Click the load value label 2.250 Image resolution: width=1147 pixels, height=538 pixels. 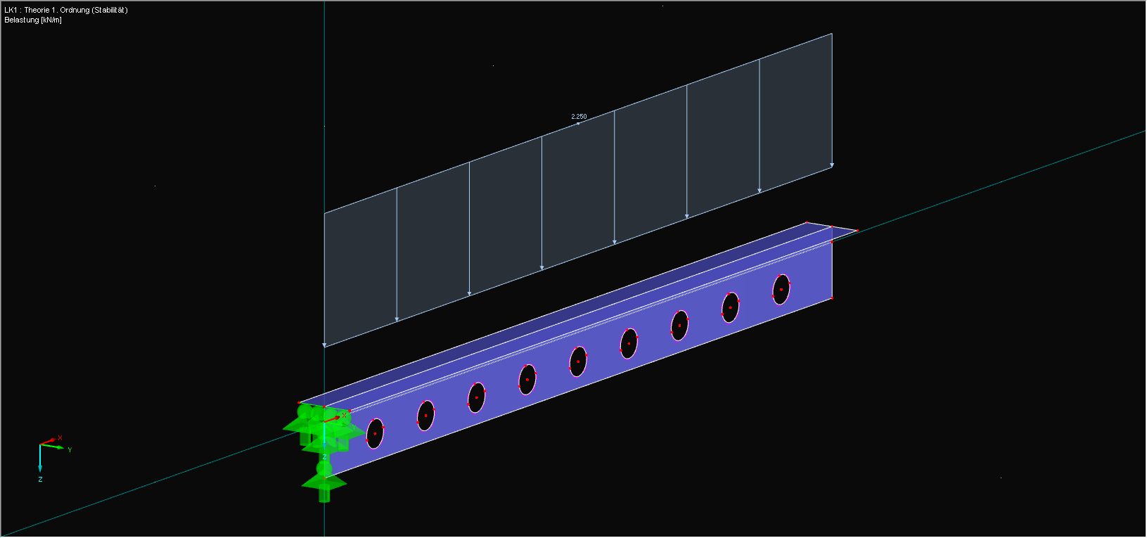tap(579, 117)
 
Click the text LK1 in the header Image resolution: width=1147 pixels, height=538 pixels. tap(11, 11)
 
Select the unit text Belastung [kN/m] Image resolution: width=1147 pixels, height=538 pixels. tap(33, 20)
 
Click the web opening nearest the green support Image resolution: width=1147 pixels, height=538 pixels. tap(375, 433)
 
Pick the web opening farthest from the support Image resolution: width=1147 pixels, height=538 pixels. tap(781, 289)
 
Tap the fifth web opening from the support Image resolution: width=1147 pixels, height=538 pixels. tap(578, 361)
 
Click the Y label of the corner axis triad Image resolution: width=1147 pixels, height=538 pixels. tap(70, 450)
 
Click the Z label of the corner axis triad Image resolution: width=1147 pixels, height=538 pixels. tap(40, 480)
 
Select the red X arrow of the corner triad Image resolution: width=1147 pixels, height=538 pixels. tap(49, 442)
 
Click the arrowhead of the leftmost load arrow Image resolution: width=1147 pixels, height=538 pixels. tap(324, 345)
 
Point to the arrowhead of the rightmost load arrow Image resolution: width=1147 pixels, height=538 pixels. tap(832, 165)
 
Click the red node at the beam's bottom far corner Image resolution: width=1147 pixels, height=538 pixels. tap(832, 298)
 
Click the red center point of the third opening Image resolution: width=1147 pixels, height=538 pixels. tap(476, 397)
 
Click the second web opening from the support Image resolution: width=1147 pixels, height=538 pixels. tap(425, 416)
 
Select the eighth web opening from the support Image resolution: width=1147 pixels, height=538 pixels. tap(730, 307)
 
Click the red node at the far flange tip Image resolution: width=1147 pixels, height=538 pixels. tap(857, 230)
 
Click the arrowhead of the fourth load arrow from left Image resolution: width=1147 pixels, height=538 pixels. tap(542, 267)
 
